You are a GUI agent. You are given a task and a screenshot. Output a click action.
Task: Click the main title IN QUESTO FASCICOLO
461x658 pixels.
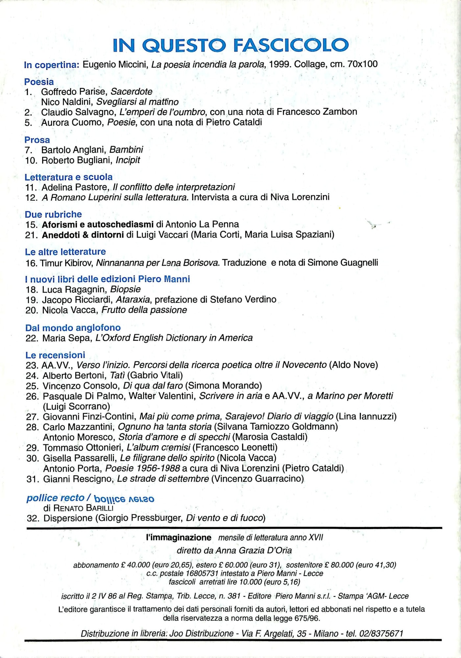coord(230,45)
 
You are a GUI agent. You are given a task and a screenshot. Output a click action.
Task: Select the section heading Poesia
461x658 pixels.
coord(39,82)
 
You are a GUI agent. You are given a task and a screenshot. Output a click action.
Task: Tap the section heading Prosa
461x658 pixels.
coord(37,140)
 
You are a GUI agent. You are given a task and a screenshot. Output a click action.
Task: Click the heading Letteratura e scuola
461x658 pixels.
coord(68,177)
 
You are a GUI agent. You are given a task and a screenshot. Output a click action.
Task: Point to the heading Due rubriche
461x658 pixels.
coord(53,215)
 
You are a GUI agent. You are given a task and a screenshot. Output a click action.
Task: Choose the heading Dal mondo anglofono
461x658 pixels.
coord(73,328)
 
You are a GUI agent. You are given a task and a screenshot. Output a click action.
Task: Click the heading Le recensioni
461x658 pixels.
coord(55,355)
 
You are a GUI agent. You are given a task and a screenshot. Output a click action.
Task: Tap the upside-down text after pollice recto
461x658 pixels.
coord(124,498)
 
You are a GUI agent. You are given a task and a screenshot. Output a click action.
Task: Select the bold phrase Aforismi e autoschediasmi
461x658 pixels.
coord(98,224)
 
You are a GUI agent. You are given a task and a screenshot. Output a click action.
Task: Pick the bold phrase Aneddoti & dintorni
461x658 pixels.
coord(83,235)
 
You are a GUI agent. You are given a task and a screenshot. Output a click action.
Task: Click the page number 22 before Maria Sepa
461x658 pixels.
coord(32,338)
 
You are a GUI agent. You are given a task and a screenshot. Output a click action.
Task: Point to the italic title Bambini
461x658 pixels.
coord(126,150)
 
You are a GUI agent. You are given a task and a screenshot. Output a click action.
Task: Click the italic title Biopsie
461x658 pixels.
coord(125,290)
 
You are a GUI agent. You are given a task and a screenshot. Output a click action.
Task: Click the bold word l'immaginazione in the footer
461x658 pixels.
coord(179,538)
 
